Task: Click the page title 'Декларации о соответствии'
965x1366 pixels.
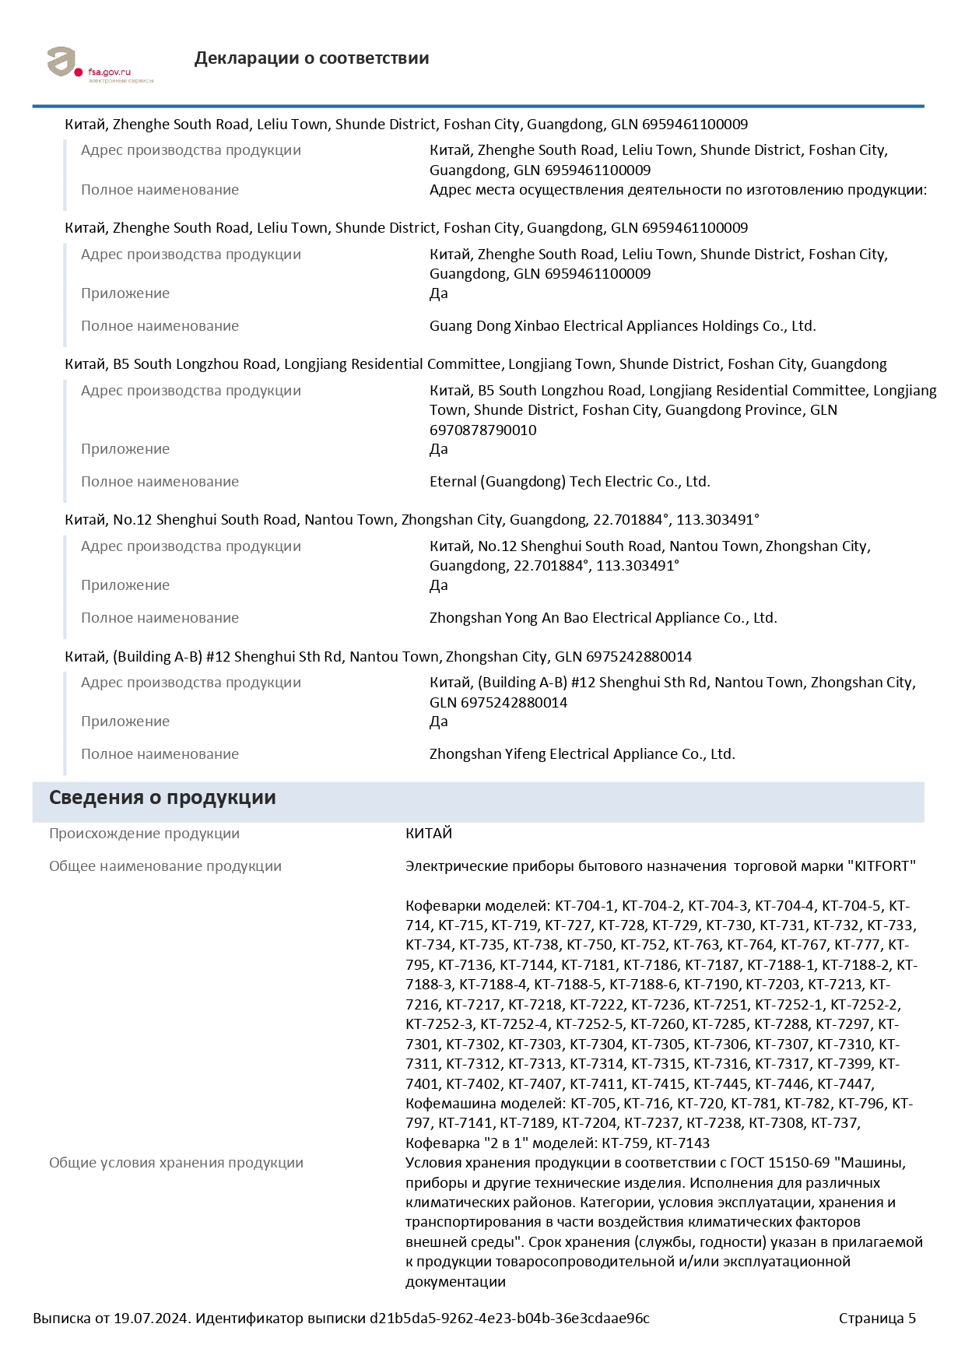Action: click(311, 58)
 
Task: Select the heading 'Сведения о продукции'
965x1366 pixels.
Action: click(162, 798)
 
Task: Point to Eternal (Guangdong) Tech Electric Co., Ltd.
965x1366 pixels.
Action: click(569, 482)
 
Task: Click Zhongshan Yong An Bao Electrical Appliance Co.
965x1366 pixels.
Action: click(602, 618)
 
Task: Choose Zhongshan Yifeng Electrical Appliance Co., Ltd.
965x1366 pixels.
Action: click(581, 754)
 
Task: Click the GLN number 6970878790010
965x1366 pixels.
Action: click(482, 430)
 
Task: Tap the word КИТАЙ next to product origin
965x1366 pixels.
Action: click(428, 834)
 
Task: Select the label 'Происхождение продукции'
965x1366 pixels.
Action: click(144, 834)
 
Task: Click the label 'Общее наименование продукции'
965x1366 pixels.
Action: click(165, 866)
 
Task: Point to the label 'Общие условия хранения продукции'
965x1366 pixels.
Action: click(176, 1163)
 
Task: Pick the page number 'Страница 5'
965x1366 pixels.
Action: click(876, 1319)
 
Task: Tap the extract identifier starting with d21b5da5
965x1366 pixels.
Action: click(509, 1319)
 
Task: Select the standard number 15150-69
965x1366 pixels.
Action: click(798, 1163)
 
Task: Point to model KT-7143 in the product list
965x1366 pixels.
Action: click(683, 1143)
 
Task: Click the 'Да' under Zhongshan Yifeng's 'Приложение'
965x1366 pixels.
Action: click(438, 722)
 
